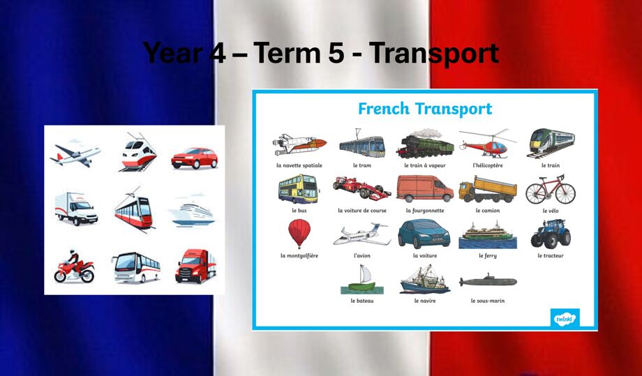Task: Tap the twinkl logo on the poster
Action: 565,317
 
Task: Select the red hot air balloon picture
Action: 299,234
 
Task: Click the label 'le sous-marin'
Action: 488,301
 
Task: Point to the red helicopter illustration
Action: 487,144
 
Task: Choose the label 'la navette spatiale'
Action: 299,165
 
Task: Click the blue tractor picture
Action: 551,233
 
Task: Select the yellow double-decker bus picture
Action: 299,189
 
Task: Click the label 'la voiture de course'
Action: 362,211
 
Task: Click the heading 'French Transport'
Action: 425,109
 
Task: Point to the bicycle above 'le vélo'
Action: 551,190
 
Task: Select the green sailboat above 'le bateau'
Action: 362,280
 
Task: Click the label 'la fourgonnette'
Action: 425,211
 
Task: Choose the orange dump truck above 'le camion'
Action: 488,190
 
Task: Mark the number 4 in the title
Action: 218,53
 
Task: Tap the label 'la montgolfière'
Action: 299,256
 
